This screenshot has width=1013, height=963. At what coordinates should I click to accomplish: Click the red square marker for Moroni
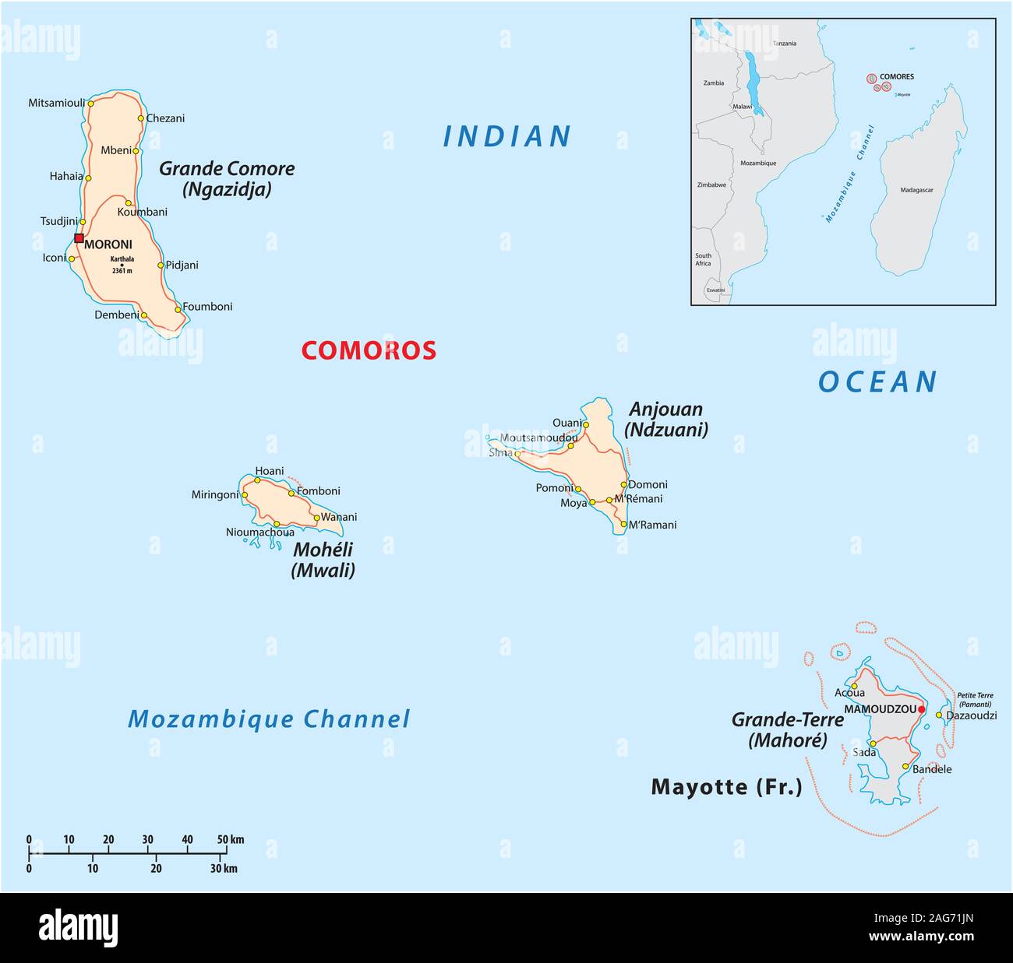pos(79,238)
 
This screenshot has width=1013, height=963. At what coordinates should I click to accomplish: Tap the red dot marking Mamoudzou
pos(921,709)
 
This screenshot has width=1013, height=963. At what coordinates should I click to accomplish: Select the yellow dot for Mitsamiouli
pos(90,103)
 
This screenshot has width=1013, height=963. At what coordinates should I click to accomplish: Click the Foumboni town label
pos(207,307)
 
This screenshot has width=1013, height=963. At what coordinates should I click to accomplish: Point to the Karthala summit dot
pos(122,265)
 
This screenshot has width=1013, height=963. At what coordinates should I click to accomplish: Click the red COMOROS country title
pos(369,351)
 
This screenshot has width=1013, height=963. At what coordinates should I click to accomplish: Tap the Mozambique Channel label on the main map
pos(269,719)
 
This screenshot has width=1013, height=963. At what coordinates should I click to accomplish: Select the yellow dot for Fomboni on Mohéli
pos(291,493)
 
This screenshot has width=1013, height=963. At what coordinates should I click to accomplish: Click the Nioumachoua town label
pos(260,532)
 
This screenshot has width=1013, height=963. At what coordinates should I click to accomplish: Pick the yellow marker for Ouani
pos(586,425)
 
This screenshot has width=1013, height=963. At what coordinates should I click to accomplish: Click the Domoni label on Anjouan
pos(648,484)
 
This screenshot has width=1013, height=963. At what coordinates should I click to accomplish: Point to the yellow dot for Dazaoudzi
pos(939,715)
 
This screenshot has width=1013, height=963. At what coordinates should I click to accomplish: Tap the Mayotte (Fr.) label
pos(726,787)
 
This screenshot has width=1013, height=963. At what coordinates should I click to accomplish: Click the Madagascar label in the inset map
pos(916,190)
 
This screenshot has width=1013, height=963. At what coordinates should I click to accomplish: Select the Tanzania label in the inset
pos(784,44)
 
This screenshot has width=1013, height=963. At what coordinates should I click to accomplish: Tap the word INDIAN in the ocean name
pos(507,137)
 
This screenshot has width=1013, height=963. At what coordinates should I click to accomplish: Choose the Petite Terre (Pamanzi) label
pos(975,699)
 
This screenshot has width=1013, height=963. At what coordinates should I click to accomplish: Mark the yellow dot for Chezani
pos(141,118)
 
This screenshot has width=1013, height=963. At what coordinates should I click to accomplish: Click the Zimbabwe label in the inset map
pos(711,185)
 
